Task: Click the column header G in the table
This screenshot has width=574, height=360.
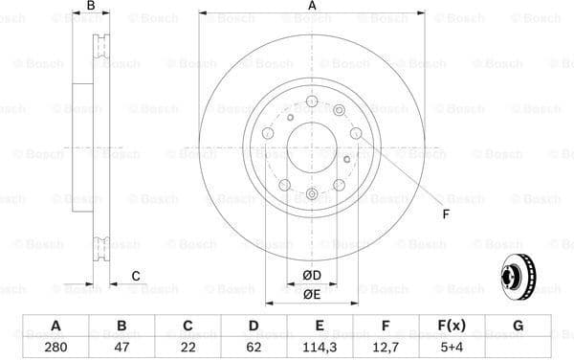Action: [518, 326]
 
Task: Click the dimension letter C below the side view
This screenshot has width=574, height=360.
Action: [136, 277]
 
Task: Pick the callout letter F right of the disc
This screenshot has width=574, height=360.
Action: [446, 214]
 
